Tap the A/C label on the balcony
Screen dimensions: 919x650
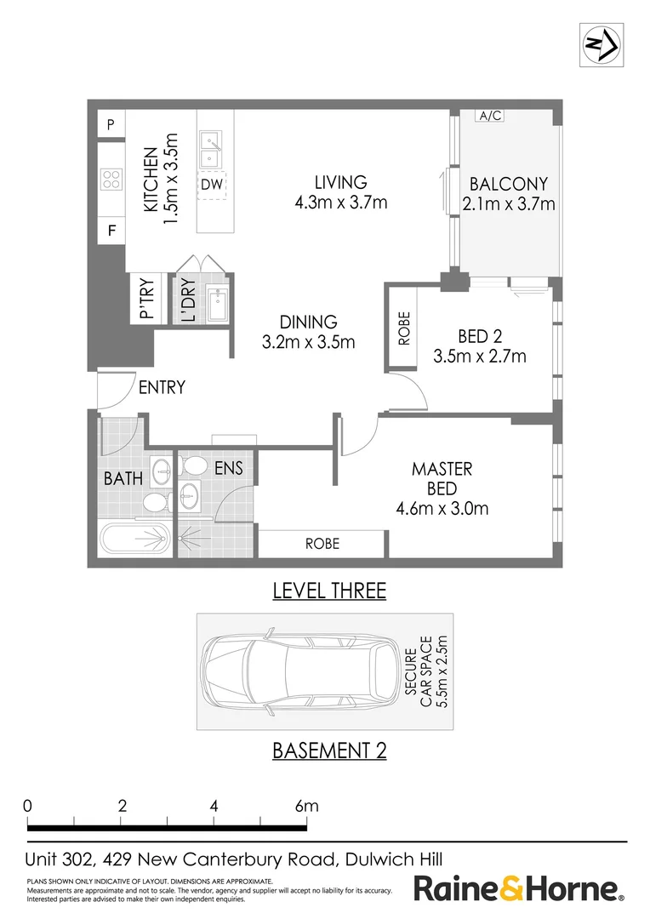(489, 117)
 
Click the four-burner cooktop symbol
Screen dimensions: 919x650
(111, 179)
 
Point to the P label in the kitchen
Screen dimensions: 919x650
(111, 124)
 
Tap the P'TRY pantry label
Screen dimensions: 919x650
(146, 299)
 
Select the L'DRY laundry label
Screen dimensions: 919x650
(187, 300)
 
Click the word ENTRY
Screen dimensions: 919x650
(162, 387)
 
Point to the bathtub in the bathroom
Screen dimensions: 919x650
(135, 538)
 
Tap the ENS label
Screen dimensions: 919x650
(228, 468)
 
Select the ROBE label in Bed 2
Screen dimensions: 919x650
(404, 328)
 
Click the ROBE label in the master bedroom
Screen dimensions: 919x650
(322, 543)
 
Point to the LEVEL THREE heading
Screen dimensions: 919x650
(329, 590)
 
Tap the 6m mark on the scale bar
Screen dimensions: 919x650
(306, 806)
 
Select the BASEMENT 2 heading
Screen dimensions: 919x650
(329, 750)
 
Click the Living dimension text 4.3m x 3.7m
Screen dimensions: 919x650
(340, 203)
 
